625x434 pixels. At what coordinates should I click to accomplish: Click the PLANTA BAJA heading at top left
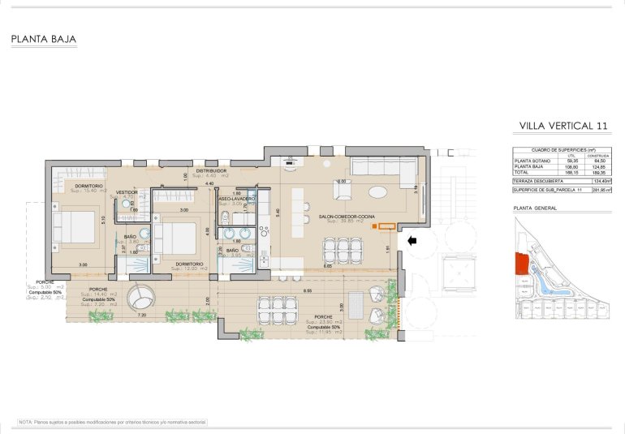[44, 38]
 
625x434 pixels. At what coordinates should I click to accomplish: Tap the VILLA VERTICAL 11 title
[562, 126]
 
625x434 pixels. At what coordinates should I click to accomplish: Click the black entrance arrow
[412, 240]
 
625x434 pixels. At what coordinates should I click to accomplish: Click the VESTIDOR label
[127, 192]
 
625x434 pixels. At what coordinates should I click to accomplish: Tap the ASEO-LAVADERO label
[238, 198]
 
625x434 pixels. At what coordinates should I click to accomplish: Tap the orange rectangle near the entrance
[385, 226]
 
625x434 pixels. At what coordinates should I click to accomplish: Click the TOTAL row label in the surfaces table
[522, 172]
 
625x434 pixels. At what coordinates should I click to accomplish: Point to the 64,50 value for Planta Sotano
[600, 161]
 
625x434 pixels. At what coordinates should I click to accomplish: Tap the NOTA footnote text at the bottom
[113, 422]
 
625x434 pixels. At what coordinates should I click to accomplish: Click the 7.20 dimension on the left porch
[141, 315]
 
